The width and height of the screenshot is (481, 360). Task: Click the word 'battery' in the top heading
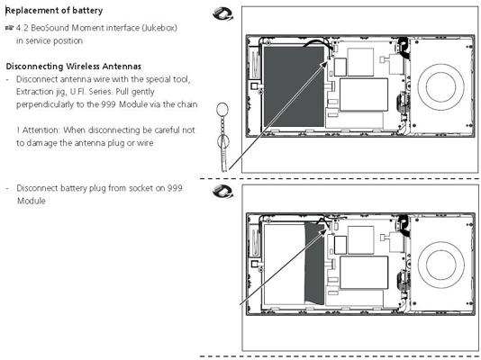[x=86, y=11]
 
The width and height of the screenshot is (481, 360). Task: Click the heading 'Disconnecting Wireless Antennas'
[x=74, y=67]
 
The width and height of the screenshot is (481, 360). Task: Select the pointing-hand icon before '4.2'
[x=10, y=28]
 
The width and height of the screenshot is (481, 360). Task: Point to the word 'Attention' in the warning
[x=41, y=130]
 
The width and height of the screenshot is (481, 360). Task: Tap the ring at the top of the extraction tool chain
[x=222, y=111]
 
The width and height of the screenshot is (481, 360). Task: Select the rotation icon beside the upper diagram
[x=222, y=14]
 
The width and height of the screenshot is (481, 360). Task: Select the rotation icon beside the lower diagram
[x=222, y=192]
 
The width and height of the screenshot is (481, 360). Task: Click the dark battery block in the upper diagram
[x=294, y=86]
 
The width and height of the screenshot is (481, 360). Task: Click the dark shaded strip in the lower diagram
[x=314, y=264]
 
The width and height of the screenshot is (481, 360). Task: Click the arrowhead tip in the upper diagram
[x=327, y=61]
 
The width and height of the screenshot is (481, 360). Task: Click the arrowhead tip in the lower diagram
[x=327, y=229]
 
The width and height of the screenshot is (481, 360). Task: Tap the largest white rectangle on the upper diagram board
[x=364, y=94]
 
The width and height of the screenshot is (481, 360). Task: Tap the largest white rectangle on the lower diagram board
[x=364, y=273]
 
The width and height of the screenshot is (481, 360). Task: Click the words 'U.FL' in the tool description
[x=77, y=92]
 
